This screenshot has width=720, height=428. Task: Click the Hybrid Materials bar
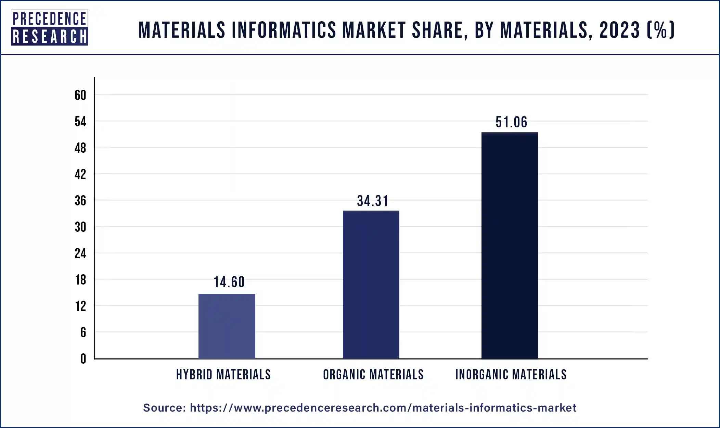[x=227, y=326]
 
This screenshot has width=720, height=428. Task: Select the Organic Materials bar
[x=371, y=284]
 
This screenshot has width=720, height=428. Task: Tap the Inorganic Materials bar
[x=510, y=245]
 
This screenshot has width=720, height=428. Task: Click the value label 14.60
[x=229, y=282]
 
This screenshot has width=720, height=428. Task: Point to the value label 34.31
[x=373, y=201]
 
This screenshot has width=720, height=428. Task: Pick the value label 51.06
[x=511, y=122]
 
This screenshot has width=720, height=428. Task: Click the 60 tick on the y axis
[x=80, y=95]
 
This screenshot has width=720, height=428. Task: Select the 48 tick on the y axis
[x=80, y=148]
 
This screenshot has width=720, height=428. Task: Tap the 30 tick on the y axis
[x=80, y=227]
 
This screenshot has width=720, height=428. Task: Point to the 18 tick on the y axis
[x=80, y=280]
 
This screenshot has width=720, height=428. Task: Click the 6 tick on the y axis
[x=83, y=332]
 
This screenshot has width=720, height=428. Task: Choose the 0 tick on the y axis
[x=83, y=359]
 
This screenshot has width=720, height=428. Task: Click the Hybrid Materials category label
[x=223, y=375]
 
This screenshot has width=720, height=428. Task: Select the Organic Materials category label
[x=373, y=375]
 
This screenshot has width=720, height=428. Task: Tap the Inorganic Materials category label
[x=511, y=375]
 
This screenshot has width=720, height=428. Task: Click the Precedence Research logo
[x=49, y=28]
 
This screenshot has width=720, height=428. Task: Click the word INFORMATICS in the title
[x=284, y=30]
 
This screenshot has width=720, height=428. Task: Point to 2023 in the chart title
[x=619, y=30]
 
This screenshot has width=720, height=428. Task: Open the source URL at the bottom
[x=383, y=408]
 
